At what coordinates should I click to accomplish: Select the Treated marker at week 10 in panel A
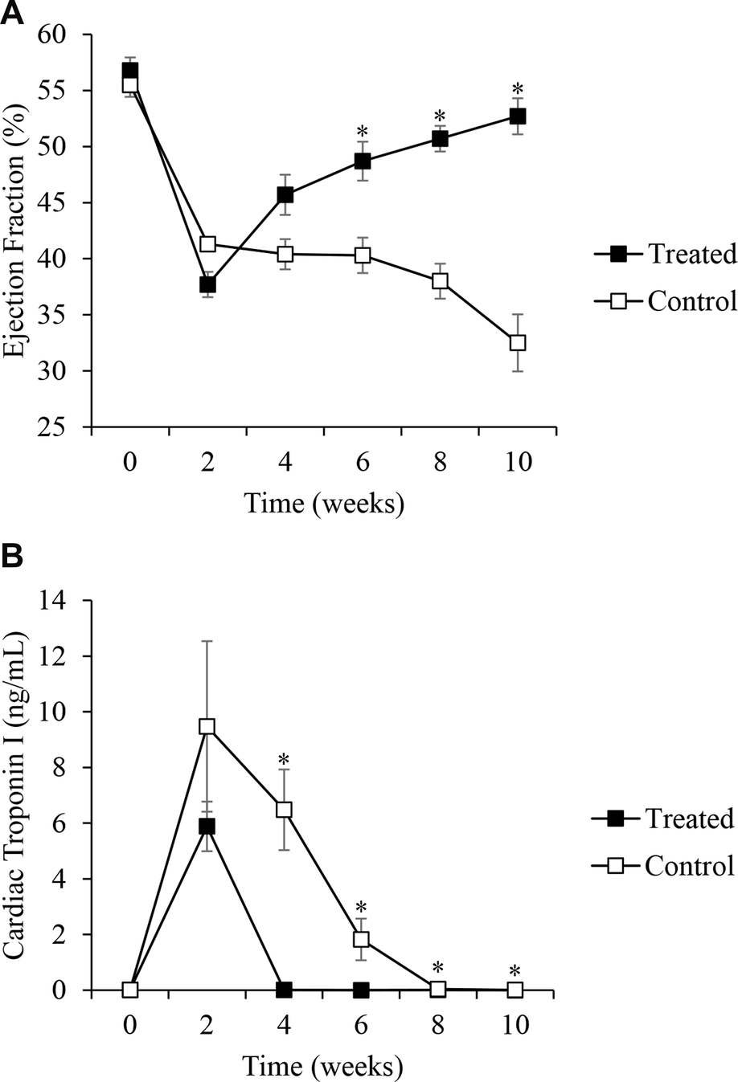coord(517,116)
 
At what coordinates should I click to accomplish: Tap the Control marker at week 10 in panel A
coord(517,343)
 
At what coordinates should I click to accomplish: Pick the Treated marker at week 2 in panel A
coord(207,284)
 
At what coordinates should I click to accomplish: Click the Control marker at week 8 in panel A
coord(440,281)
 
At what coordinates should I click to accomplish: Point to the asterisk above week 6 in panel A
coord(363,131)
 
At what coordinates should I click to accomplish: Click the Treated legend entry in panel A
coord(691,255)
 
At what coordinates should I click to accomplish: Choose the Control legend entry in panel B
coord(689,866)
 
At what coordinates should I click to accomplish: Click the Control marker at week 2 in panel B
coord(207,726)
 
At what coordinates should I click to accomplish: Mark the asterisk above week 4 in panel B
coord(285,760)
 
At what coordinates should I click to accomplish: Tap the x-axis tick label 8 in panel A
coord(440,466)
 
